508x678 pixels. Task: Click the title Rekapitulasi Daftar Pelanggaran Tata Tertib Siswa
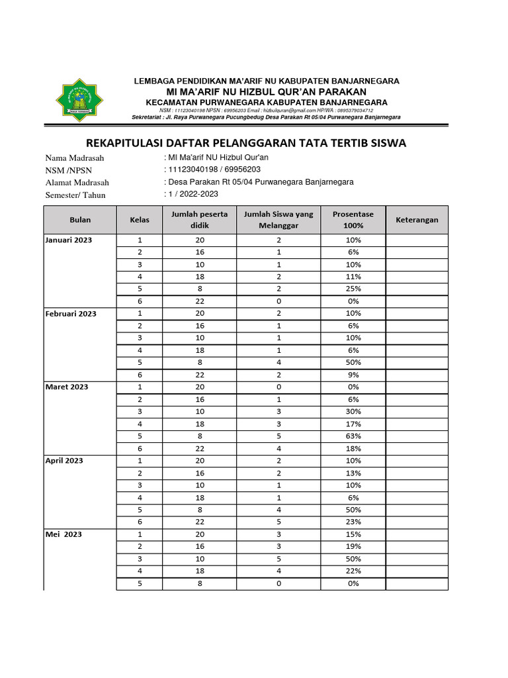[x=247, y=143]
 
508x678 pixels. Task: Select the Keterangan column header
[x=417, y=220]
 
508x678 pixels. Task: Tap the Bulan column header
[x=80, y=220]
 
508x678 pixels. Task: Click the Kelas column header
[x=140, y=220]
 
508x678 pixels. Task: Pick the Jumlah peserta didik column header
[x=199, y=220]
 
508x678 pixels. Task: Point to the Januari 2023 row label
[x=69, y=240]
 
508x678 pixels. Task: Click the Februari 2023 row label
[x=71, y=314]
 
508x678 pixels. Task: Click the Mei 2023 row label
[x=63, y=534]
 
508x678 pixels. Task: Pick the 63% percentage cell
[x=353, y=436]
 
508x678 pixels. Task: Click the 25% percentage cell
[x=353, y=289]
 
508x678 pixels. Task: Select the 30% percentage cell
[x=353, y=411]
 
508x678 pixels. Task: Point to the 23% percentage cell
[x=353, y=522]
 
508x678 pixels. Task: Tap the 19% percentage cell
[x=353, y=546]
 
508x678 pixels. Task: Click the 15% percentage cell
[x=353, y=534]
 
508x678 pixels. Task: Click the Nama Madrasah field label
[x=75, y=158]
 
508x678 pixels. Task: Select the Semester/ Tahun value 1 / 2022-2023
[x=192, y=194]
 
